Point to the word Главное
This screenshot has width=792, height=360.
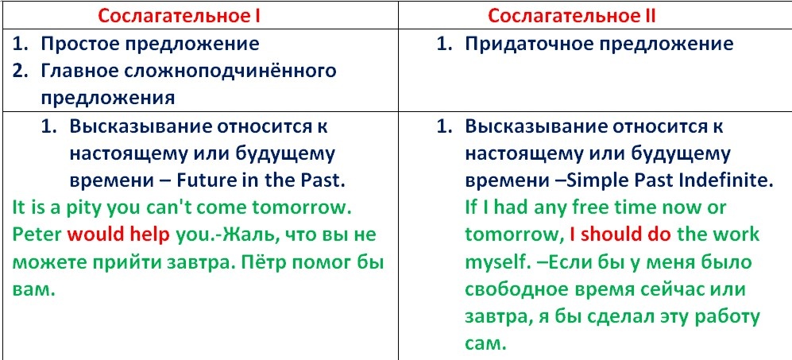(77, 71)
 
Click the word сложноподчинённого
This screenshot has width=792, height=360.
(229, 71)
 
